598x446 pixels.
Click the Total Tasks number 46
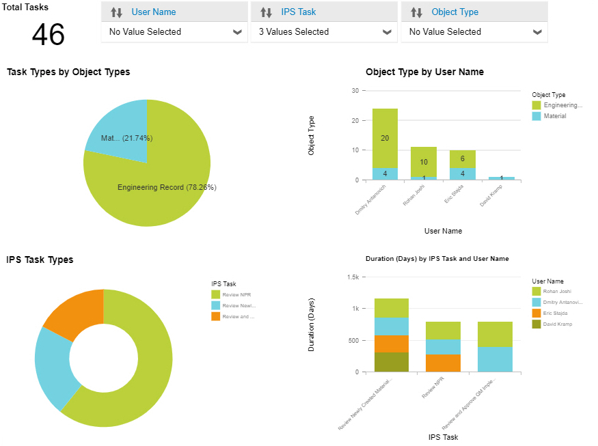coord(48,35)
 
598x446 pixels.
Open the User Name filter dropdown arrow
coord(237,32)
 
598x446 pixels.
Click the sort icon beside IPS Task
coord(267,12)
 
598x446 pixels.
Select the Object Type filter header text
coord(454,12)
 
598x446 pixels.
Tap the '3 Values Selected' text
coord(294,32)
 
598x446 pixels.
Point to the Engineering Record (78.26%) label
coord(167,187)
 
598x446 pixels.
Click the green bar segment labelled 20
coord(385,138)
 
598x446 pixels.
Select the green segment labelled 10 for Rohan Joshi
coord(423,162)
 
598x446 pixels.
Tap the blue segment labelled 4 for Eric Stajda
coord(462,173)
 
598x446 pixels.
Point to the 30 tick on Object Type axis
coord(355,90)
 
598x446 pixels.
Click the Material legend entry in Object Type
coord(554,116)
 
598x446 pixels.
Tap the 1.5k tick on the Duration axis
coord(353,277)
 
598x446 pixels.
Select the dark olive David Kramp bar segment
coord(392,362)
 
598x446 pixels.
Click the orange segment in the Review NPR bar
coord(443,363)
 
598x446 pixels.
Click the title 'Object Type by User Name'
coord(424,72)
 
